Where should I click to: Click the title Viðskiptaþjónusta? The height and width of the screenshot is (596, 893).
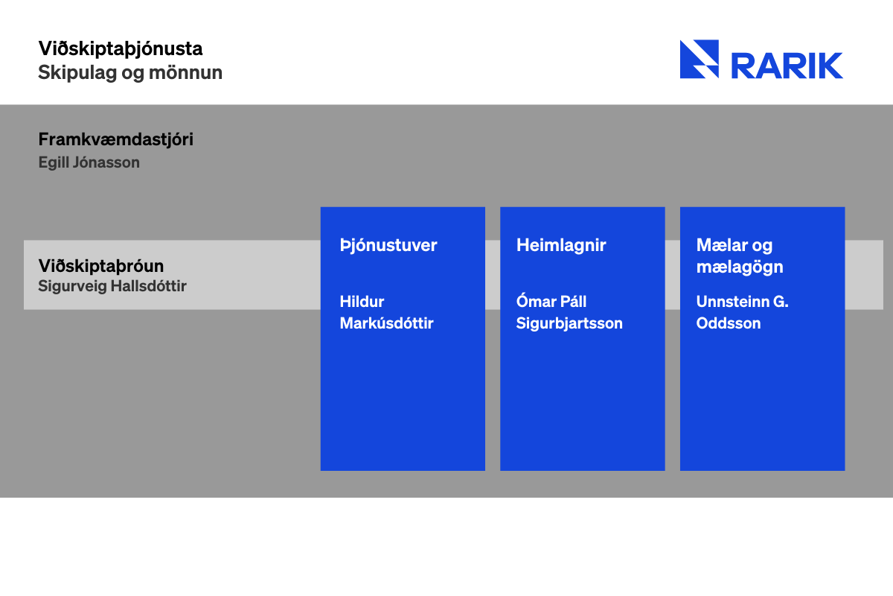point(121,49)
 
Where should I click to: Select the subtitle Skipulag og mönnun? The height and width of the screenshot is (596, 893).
point(130,73)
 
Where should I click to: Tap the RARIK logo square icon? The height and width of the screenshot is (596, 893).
point(700,59)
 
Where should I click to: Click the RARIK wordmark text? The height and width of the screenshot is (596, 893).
point(787,66)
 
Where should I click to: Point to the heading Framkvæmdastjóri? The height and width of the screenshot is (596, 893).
point(115,139)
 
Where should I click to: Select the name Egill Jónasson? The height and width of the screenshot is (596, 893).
point(89,162)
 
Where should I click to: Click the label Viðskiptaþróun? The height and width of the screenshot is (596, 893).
point(101,266)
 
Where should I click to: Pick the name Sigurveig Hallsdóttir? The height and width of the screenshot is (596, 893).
point(112,286)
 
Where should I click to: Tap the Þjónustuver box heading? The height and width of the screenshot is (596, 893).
point(388,246)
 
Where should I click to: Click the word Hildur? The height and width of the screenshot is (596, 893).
point(362,302)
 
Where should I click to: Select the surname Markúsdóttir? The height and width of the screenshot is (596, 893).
point(386,323)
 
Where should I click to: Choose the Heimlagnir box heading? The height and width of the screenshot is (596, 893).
point(561,246)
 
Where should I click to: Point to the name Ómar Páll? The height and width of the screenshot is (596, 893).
point(551,301)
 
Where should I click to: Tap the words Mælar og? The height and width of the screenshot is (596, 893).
point(734,246)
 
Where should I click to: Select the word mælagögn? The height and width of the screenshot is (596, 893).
point(740,267)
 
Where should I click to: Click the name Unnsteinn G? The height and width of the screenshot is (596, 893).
point(743,302)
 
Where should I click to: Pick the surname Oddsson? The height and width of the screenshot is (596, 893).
point(729,323)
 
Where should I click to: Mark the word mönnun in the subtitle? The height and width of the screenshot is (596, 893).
point(185,73)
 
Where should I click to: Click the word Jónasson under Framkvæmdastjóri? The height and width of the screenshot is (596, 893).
point(106,162)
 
